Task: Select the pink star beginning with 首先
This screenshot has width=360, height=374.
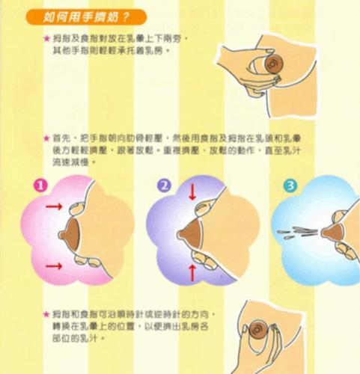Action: click(x=46, y=139)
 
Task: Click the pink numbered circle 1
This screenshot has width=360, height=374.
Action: click(x=43, y=185)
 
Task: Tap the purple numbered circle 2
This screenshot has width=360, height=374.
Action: click(x=165, y=185)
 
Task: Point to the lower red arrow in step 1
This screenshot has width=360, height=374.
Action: click(x=55, y=266)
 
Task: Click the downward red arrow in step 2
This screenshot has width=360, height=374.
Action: click(x=192, y=192)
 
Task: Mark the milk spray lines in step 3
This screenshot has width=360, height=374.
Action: click(x=299, y=229)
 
